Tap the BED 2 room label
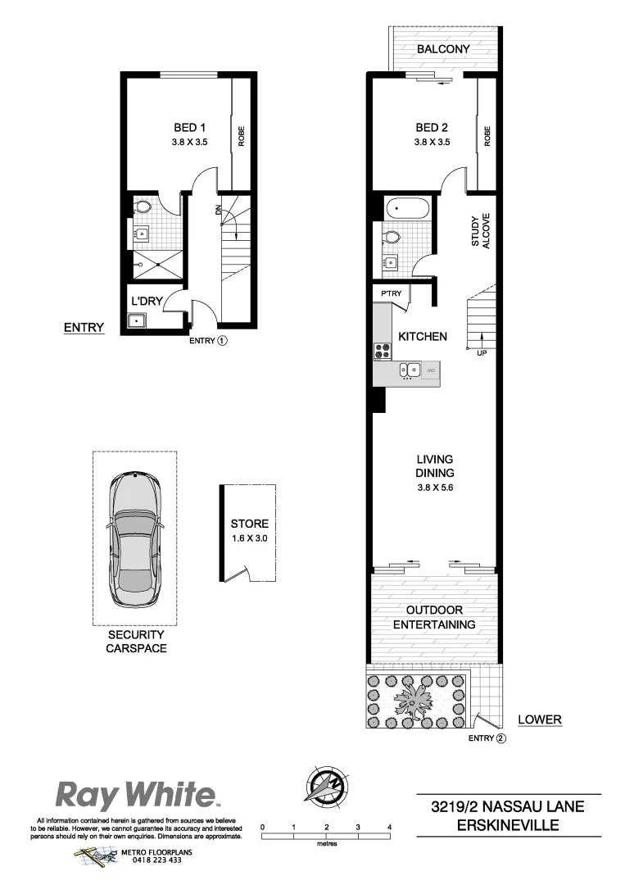click(432, 127)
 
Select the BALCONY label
click(443, 49)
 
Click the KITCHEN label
click(422, 336)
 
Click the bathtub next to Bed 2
click(405, 207)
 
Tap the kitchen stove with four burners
click(383, 352)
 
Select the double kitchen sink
click(410, 370)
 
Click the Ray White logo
click(135, 795)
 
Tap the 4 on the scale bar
click(390, 827)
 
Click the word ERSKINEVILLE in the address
click(508, 826)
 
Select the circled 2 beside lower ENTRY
click(500, 737)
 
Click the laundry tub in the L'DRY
click(138, 320)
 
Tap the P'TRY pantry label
click(390, 293)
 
